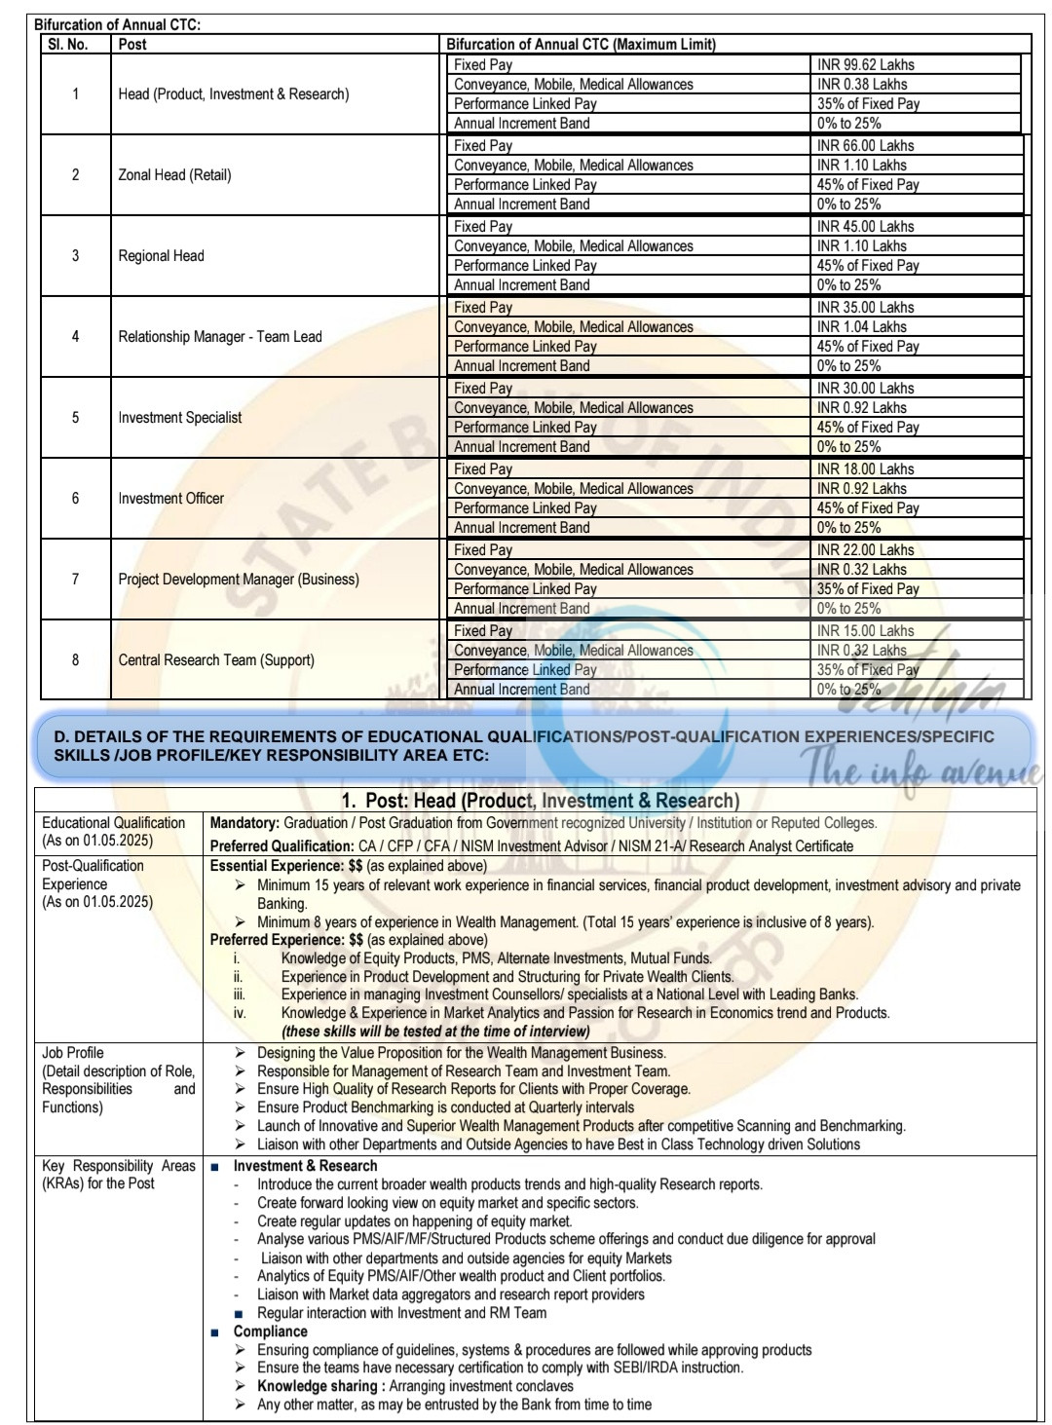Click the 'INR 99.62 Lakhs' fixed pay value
pyautogui.click(x=866, y=64)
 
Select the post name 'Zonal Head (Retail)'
pyautogui.click(x=174, y=175)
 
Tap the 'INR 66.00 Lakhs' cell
pyautogui.click(x=866, y=145)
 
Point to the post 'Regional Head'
pyautogui.click(x=161, y=256)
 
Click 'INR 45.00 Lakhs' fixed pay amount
pyautogui.click(x=866, y=226)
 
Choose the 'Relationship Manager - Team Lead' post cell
pyautogui.click(x=219, y=337)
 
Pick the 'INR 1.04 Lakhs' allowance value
pyautogui.click(x=862, y=327)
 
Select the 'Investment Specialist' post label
pyautogui.click(x=179, y=418)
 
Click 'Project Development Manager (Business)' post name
pyautogui.click(x=238, y=580)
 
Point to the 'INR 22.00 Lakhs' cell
pyautogui.click(x=866, y=549)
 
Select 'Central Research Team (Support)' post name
pyautogui.click(x=216, y=660)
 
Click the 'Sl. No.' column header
pyautogui.click(x=67, y=44)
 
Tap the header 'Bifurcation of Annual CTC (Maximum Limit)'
pyautogui.click(x=581, y=44)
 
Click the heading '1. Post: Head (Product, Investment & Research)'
pyautogui.click(x=540, y=801)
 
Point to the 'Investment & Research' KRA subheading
pyautogui.click(x=305, y=1166)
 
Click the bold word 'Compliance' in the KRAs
pyautogui.click(x=270, y=1331)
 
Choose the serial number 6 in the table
pyautogui.click(x=75, y=499)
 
